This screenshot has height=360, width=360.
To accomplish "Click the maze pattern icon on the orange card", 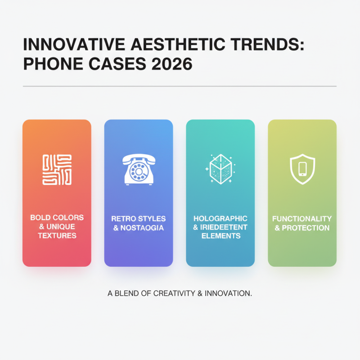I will click(x=56, y=170).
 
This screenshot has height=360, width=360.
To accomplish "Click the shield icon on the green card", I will click(x=302, y=170).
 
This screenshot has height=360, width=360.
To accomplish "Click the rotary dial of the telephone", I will click(x=138, y=172).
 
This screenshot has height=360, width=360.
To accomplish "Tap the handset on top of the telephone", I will click(x=138, y=159).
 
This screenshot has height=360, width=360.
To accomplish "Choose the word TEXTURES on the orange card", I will click(x=57, y=235).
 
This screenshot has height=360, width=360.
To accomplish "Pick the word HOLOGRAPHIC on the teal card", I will click(x=220, y=218).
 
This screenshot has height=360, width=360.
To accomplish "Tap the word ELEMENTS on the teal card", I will click(x=220, y=235).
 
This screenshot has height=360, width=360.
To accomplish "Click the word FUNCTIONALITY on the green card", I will click(x=302, y=219).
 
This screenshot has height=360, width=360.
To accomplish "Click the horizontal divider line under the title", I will click(x=180, y=86).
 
